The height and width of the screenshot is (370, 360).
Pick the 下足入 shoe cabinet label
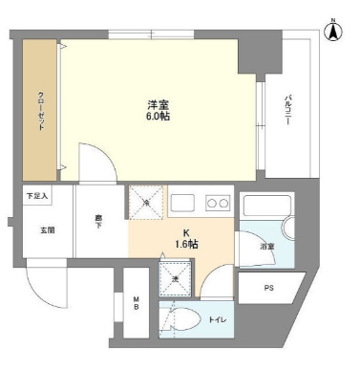click(35, 196)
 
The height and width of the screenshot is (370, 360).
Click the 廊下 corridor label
click(99, 221)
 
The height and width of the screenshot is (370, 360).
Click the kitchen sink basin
click(182, 202)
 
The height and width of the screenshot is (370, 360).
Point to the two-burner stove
click(217, 202)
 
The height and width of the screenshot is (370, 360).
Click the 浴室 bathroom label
click(267, 248)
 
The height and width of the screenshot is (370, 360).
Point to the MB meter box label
click(137, 307)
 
